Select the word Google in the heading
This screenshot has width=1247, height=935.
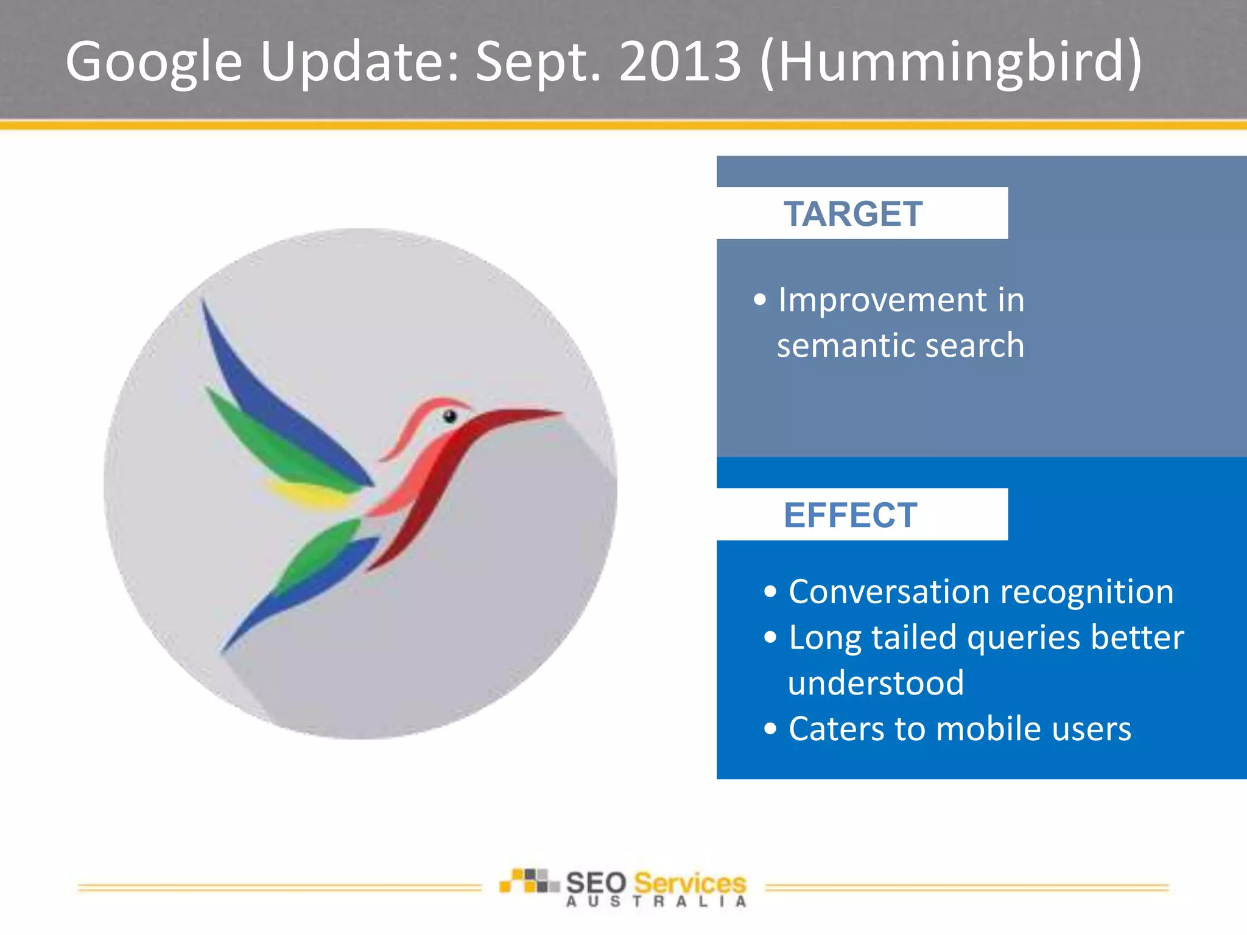click(153, 62)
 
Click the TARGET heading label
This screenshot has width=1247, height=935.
click(852, 214)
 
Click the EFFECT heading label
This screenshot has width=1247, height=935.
click(850, 516)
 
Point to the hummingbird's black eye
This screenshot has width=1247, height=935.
click(449, 416)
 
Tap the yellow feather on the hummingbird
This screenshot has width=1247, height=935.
click(304, 493)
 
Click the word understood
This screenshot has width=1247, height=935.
click(876, 683)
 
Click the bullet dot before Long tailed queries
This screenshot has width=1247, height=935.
click(770, 637)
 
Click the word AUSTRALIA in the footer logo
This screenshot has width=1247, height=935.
click(656, 902)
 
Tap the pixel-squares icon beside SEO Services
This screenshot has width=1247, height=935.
click(528, 881)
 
